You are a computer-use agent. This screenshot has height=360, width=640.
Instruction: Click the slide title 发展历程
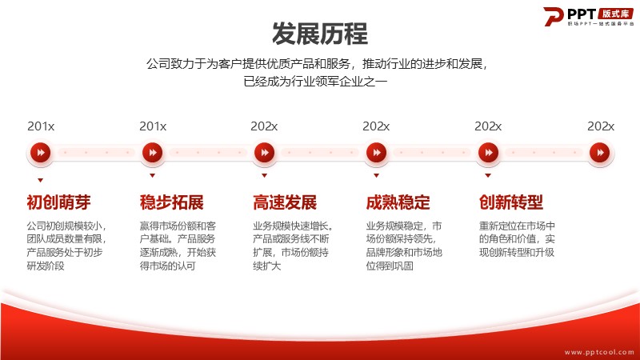(x=319, y=34)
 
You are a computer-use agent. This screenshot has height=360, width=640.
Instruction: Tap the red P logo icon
(x=553, y=16)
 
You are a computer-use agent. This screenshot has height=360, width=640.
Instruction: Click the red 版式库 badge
(x=615, y=14)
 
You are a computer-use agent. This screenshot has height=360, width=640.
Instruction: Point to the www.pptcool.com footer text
(x=598, y=352)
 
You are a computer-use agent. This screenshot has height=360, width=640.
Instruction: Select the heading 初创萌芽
(x=58, y=202)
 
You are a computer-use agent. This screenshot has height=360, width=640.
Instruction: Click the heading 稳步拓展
(x=172, y=202)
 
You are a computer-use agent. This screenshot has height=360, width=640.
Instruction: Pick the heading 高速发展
(x=285, y=202)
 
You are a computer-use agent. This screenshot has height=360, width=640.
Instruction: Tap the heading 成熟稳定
(x=398, y=202)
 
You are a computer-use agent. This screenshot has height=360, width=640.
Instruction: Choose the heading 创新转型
(x=511, y=202)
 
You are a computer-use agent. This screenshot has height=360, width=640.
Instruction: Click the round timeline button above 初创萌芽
(x=41, y=153)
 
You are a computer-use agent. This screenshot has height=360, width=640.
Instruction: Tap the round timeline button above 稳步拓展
(x=153, y=153)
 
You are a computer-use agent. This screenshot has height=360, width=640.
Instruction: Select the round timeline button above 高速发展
(x=265, y=153)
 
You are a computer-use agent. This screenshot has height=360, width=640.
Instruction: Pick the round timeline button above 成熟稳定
(x=376, y=153)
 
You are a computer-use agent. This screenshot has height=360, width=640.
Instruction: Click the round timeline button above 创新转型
(x=488, y=153)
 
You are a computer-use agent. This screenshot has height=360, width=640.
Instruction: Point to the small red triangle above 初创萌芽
(x=41, y=180)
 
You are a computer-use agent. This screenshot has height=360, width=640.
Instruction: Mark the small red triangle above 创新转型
(x=488, y=175)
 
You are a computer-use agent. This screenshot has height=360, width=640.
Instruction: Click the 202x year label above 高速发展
(x=264, y=126)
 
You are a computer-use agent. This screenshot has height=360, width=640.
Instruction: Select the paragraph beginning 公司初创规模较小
(x=67, y=246)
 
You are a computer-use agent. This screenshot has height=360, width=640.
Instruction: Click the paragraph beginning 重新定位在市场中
(x=517, y=239)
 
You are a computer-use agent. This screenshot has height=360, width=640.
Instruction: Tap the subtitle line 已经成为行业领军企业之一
(x=315, y=82)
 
